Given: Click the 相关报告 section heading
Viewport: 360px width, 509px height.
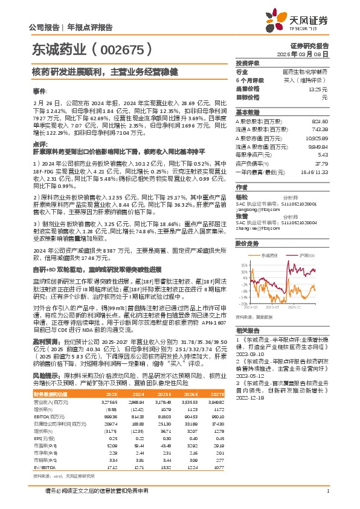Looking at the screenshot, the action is point(247,331).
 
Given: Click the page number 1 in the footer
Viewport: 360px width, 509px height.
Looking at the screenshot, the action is point(327,491).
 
